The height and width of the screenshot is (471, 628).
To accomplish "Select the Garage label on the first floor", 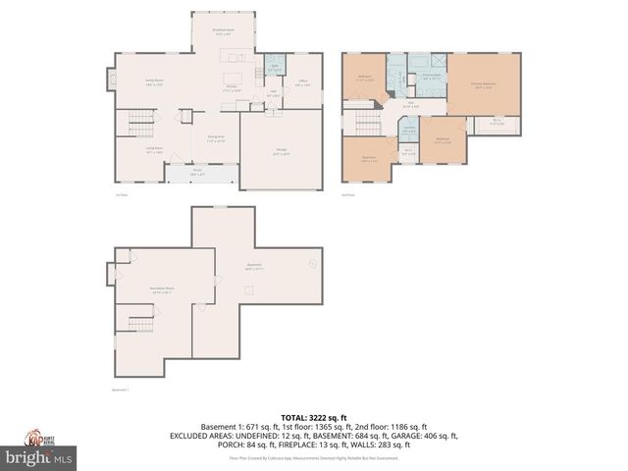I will [x=282, y=150].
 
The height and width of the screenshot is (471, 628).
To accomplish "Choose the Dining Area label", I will [x=215, y=139].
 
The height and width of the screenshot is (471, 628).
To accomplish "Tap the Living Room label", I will [x=127, y=152].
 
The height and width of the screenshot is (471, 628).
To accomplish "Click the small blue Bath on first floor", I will [x=276, y=69].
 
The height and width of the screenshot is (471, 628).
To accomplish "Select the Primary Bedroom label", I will [x=483, y=84].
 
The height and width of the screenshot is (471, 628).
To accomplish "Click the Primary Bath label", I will [x=430, y=77].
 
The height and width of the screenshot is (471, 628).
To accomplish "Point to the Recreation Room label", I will [x=162, y=290].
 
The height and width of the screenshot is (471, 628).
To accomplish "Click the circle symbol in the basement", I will [x=312, y=262].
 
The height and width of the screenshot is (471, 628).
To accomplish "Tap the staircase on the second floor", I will [x=367, y=123].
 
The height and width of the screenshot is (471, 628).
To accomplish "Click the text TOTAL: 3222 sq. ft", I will [x=313, y=417].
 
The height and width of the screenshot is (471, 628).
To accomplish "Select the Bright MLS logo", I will [x=39, y=457].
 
